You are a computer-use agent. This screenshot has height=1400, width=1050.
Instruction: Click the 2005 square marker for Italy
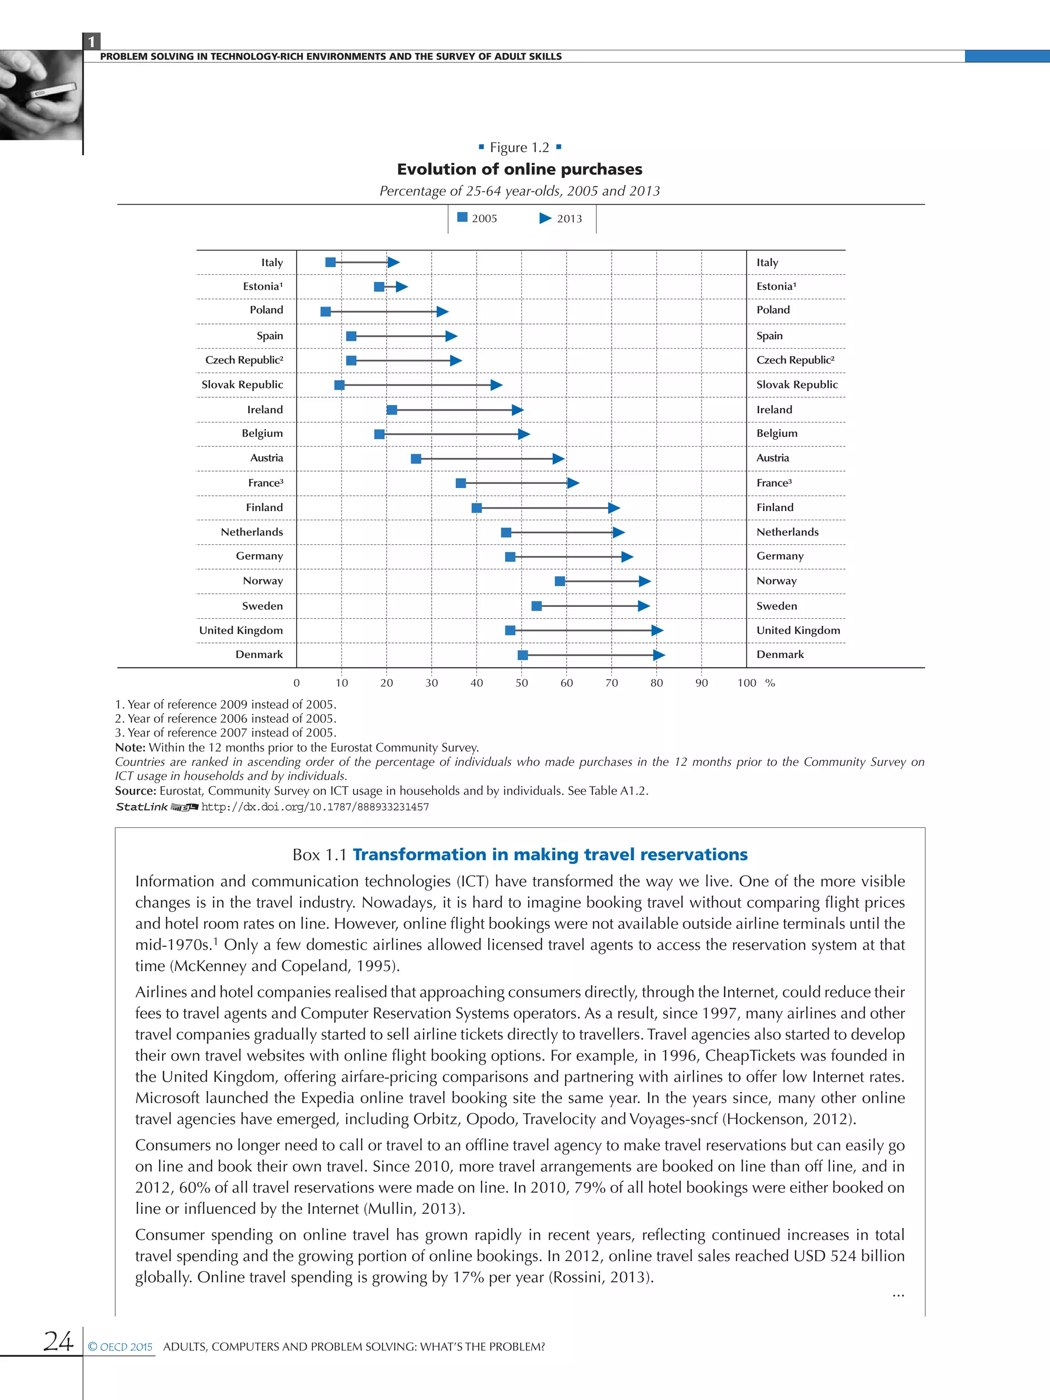click(330, 262)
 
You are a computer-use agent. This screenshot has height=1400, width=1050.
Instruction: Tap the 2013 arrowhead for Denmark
click(658, 655)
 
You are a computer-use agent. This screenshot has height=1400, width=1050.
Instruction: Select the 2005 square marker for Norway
click(559, 581)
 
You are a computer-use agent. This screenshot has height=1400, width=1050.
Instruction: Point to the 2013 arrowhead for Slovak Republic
click(496, 385)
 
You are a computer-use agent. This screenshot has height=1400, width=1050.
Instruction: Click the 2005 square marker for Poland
click(326, 311)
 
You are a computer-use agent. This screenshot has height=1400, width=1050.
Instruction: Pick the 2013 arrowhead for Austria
click(558, 459)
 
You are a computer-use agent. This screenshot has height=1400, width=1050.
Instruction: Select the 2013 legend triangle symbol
click(545, 218)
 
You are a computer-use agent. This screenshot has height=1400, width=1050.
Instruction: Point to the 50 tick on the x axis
click(521, 683)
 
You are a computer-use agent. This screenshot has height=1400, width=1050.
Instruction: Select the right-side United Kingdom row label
click(798, 631)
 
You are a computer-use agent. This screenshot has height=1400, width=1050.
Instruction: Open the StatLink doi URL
click(315, 807)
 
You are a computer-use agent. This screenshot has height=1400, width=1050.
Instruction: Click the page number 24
click(58, 1341)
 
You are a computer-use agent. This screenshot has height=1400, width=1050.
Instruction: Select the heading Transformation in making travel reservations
click(550, 855)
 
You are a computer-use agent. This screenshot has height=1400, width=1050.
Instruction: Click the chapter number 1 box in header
click(92, 42)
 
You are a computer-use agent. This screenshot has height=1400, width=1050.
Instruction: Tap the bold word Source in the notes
click(135, 790)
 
